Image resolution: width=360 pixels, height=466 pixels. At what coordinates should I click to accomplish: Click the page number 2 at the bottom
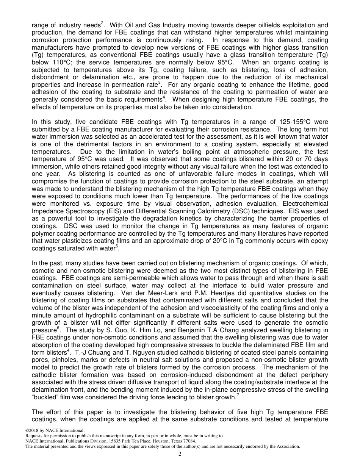tap(180, 454)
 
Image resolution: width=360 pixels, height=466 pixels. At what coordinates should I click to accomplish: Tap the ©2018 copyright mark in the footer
tap(33, 430)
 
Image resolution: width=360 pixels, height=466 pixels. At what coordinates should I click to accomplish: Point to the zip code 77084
tap(189, 441)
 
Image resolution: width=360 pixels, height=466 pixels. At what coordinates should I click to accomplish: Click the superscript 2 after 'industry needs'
tap(102, 23)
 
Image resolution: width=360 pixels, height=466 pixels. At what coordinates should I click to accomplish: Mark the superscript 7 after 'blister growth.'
tap(238, 395)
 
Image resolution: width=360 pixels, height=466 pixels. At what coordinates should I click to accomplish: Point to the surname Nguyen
tap(135, 353)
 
